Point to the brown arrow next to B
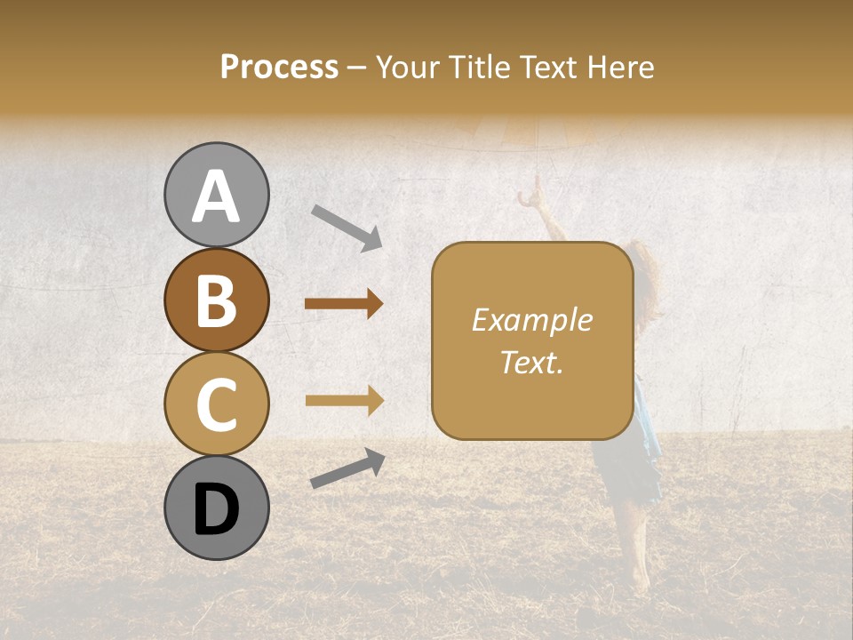(344, 305)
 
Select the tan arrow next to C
(344, 401)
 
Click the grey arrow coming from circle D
(347, 469)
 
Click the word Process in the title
(279, 67)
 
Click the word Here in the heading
(619, 67)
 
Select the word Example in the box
(531, 320)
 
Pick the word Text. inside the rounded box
(531, 363)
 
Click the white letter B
(216, 300)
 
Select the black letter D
(216, 509)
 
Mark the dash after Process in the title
(356, 68)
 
